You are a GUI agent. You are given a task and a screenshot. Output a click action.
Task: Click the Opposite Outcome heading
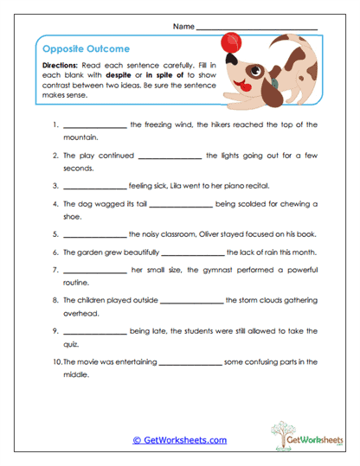coord(74,49)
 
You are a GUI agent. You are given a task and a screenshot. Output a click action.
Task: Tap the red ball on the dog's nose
coord(231,40)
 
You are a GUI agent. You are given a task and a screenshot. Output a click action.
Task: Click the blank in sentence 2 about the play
coord(169,157)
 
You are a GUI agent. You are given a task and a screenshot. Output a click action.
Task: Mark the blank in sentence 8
coord(191,303)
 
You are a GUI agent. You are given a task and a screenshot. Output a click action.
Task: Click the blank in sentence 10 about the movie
coord(190,363)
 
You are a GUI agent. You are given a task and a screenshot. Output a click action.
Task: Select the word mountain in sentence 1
coord(80,137)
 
